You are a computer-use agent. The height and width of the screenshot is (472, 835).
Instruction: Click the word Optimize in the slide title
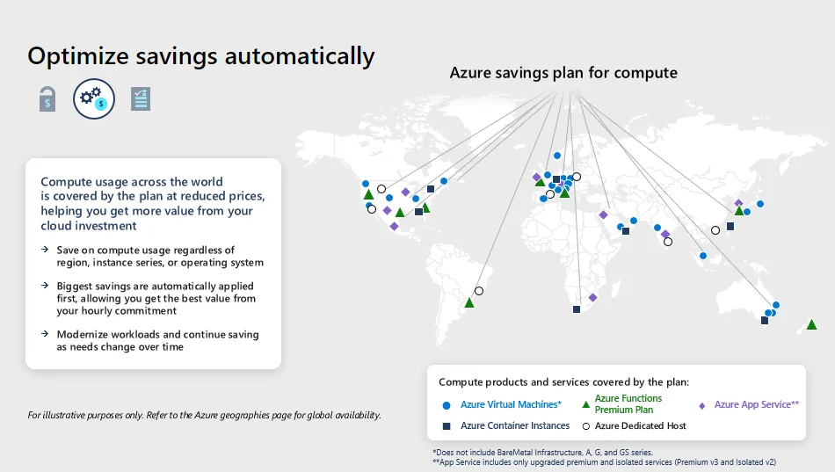tap(78, 55)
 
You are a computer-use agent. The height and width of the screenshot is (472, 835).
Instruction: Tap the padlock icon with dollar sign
tap(47, 99)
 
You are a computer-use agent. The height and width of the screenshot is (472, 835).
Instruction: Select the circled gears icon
tap(94, 99)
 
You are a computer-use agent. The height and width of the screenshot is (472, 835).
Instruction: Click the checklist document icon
tap(140, 99)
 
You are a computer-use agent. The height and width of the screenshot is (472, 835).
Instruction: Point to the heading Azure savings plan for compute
tap(563, 72)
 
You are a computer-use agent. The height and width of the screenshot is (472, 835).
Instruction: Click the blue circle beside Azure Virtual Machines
tap(446, 405)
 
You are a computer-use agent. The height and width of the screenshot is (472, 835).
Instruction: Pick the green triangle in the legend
tap(586, 404)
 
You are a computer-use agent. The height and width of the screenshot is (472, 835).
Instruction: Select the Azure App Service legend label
tap(756, 404)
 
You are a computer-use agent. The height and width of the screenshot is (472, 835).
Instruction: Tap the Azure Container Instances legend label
tap(515, 425)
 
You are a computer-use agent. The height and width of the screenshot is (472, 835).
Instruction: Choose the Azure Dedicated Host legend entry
tap(640, 425)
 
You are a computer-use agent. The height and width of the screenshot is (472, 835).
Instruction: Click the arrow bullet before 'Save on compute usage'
tap(44, 251)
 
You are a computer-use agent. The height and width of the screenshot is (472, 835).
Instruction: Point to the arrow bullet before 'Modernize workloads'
tap(44, 335)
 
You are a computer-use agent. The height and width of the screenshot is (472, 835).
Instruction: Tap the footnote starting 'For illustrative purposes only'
tap(204, 415)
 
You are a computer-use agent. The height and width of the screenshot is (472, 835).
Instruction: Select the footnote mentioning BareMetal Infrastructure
tap(541, 452)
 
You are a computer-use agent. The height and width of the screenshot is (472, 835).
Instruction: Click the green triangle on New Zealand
tap(811, 324)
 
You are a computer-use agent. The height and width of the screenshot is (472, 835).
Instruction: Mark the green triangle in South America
tap(469, 302)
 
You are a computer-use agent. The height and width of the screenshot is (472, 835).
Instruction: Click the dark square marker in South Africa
tap(577, 309)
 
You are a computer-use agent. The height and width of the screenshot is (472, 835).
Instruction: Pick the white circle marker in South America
tap(479, 291)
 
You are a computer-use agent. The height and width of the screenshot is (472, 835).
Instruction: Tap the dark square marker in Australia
tap(765, 321)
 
